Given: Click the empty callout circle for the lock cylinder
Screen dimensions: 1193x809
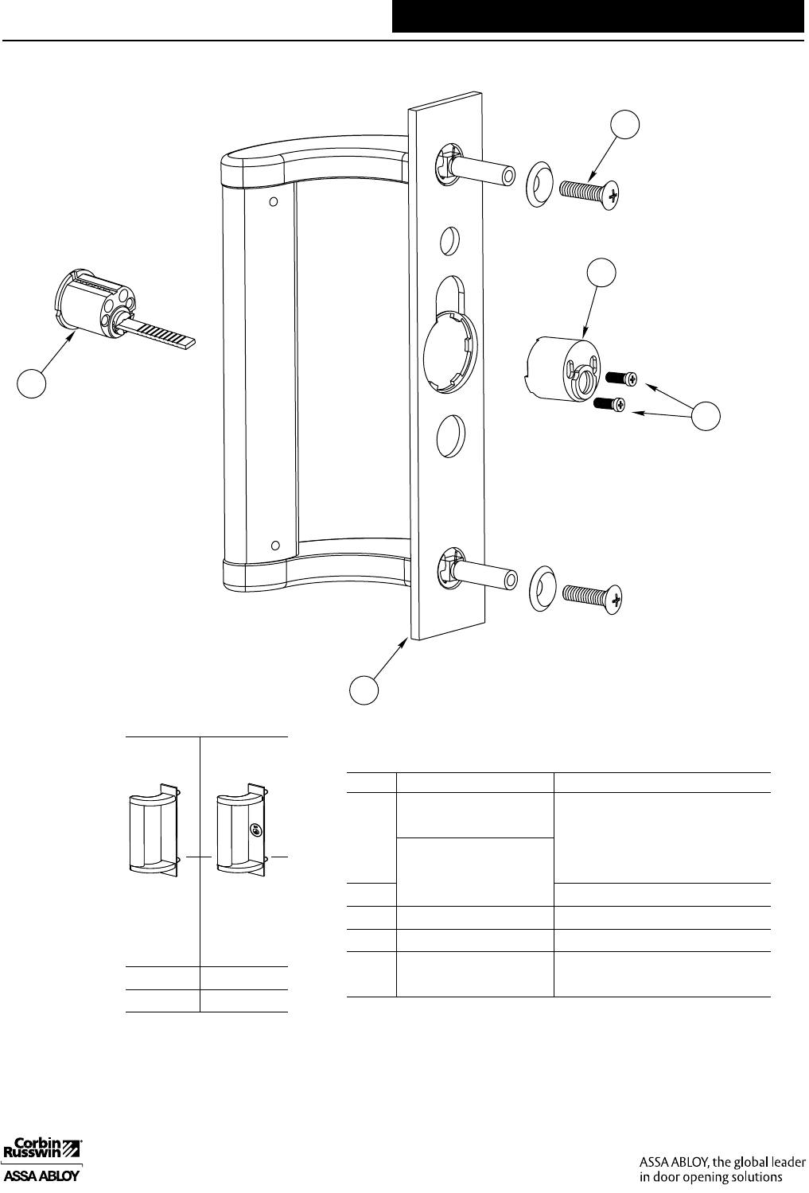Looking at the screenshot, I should pos(32,383).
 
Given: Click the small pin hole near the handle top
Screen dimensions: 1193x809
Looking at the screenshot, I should pos(273,202).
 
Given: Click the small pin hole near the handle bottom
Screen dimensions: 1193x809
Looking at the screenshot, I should pos(275,546).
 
